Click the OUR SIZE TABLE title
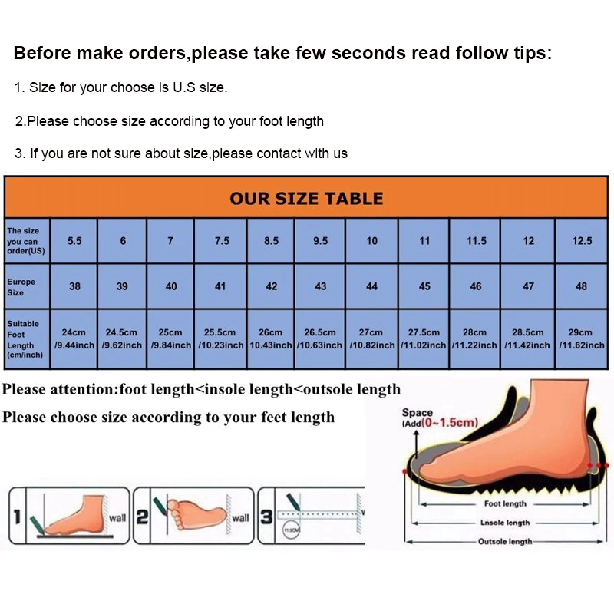306,198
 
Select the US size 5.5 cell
74,241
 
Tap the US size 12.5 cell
582,241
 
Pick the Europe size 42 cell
271,286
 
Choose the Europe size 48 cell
582,286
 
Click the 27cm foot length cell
371,338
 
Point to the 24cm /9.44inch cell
74,338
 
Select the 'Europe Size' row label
22,286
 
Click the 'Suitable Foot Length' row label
23,338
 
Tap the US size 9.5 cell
321,241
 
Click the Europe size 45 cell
424,286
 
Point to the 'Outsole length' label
504,541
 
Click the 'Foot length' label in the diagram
504,504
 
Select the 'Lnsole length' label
504,523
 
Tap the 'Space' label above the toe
418,413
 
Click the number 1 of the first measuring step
16,517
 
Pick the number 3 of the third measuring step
266,517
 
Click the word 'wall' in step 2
240,518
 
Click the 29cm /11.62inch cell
582,338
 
